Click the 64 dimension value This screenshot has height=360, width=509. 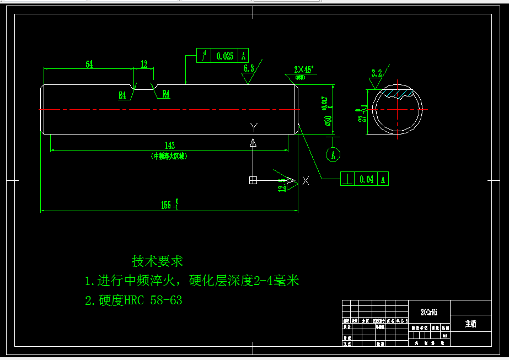tap(89, 65)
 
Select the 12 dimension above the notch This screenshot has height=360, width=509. tap(144, 65)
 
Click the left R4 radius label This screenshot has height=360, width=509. tap(122, 95)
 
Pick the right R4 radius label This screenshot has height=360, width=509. tap(165, 94)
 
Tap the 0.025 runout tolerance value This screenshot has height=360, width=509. tap(225, 56)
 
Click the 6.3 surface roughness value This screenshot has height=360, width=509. tap(249, 68)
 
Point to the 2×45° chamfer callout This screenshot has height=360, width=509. tap(303, 70)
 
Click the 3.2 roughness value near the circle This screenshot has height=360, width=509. tap(377, 73)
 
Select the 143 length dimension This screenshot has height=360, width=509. tap(170, 145)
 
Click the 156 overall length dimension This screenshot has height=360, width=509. tap(167, 205)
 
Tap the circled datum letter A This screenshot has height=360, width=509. tap(333, 155)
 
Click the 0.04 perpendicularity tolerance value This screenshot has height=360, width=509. tap(366, 179)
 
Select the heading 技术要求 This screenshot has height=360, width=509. tap(157, 260)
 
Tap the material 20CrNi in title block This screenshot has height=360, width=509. tap(429, 312)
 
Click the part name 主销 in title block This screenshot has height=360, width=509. tap(470, 324)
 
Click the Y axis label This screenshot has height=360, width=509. tap(254, 127)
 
